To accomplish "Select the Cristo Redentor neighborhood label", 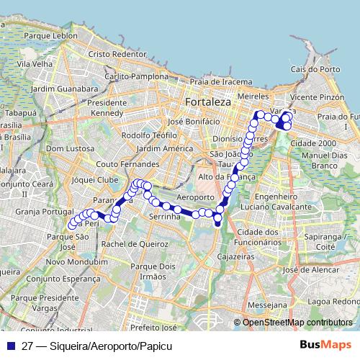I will coord(117,54).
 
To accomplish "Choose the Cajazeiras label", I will coord(238,256).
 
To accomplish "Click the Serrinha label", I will coord(163,216).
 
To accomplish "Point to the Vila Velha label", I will coord(35,63).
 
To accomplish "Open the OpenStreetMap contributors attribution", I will coord(297,323).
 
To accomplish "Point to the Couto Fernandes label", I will coord(130,164).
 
